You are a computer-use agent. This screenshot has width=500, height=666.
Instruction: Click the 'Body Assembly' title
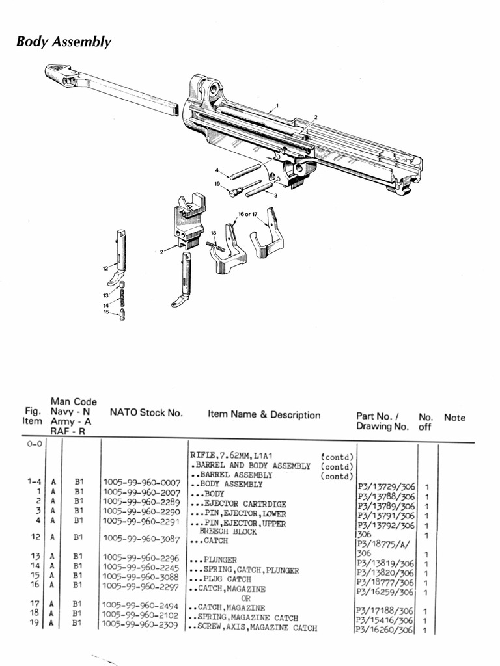point(64,42)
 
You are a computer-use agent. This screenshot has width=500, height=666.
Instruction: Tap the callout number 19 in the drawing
point(217,185)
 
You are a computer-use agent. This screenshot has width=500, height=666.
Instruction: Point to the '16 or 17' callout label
point(249,214)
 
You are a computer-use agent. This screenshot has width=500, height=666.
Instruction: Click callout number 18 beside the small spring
point(213,232)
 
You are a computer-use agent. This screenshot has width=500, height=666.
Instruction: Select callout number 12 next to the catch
point(104,268)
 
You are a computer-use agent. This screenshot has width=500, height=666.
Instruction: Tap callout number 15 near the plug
point(106,313)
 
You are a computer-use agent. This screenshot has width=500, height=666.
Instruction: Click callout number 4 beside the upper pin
point(217,170)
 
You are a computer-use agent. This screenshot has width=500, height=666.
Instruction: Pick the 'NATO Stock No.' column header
point(146,412)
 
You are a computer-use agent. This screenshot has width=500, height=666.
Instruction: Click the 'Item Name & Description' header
point(264,415)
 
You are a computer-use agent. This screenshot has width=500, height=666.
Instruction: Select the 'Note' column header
point(454,418)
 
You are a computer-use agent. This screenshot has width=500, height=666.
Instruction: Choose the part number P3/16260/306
point(385,630)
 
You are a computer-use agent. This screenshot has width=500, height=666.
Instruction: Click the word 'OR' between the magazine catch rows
point(245,598)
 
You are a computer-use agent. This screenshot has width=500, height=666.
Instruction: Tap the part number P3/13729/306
point(386,486)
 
